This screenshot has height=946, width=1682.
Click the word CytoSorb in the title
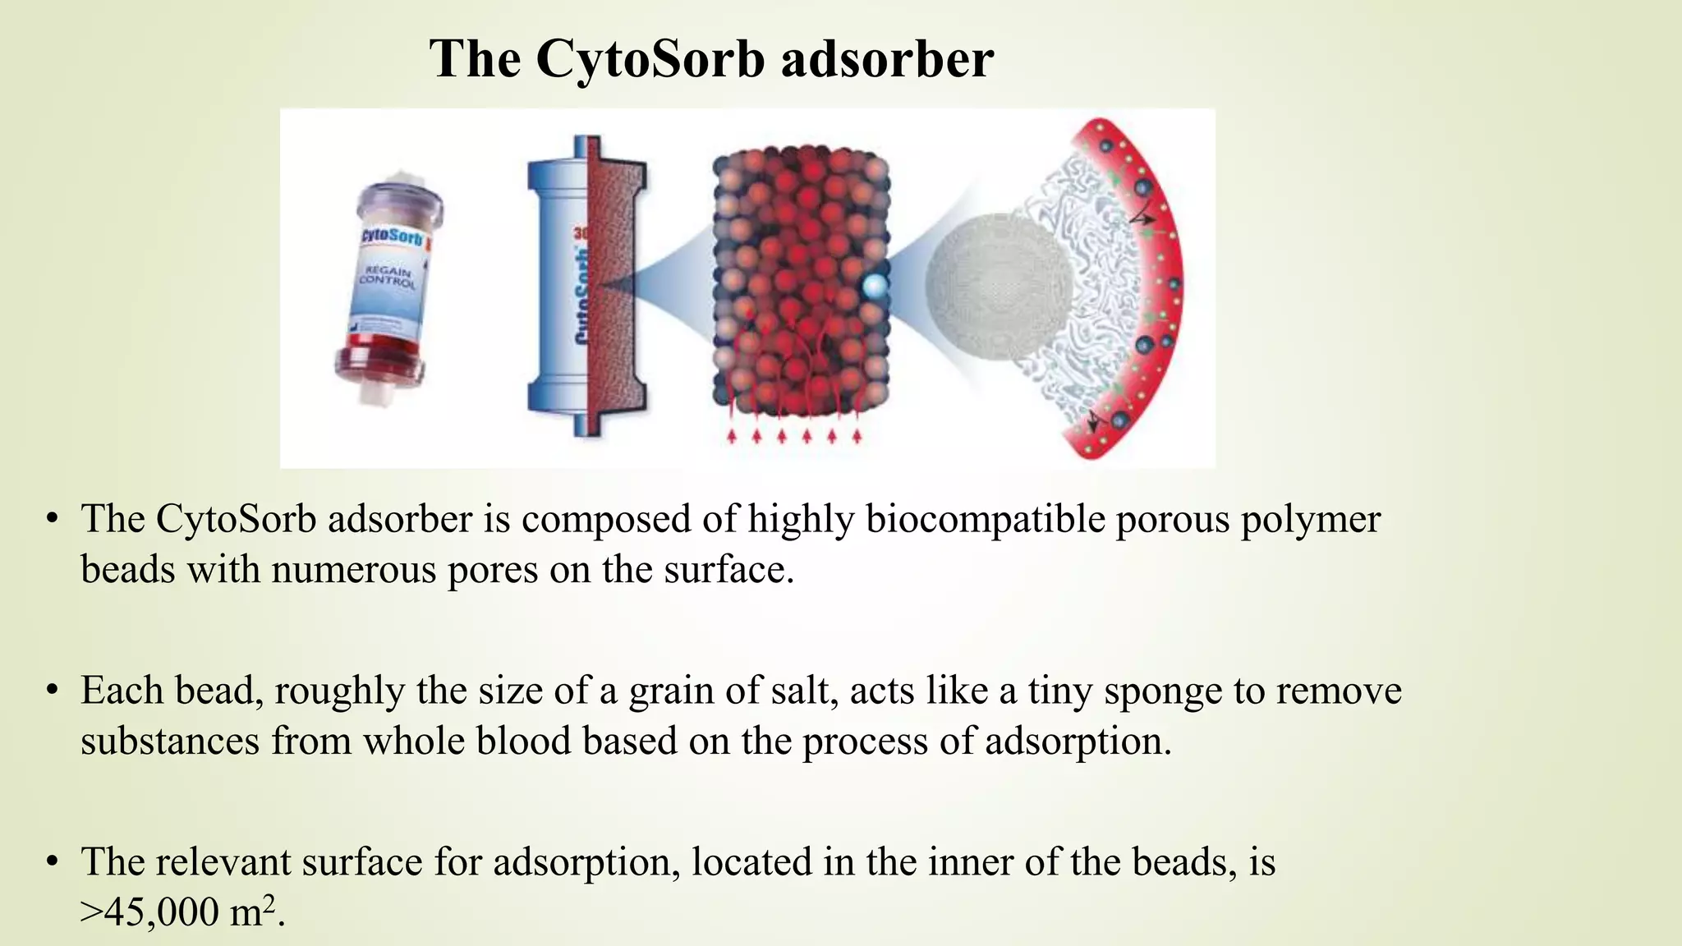click(x=649, y=59)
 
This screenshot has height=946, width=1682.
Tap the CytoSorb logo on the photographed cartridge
click(x=393, y=239)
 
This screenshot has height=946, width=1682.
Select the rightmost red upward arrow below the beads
click(x=857, y=435)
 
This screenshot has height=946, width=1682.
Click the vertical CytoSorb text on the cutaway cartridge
click(x=582, y=296)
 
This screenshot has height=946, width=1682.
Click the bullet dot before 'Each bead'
click(x=53, y=691)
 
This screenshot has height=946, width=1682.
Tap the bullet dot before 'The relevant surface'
click(x=53, y=862)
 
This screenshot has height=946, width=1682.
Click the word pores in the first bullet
click(x=493, y=569)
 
